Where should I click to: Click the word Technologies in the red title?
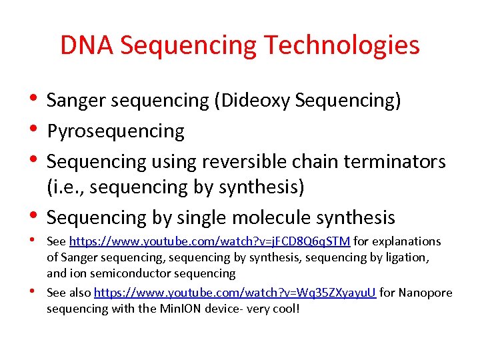point(342,45)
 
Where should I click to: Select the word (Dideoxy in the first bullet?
point(251,101)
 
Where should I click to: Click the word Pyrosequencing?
point(115,131)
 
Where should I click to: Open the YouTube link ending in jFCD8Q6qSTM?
point(209,241)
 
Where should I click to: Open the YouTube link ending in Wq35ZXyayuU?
point(235,293)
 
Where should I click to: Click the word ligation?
point(407,257)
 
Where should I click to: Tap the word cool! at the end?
point(285,309)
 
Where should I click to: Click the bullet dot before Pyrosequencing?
point(34,130)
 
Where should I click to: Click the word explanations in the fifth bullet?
point(408,241)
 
